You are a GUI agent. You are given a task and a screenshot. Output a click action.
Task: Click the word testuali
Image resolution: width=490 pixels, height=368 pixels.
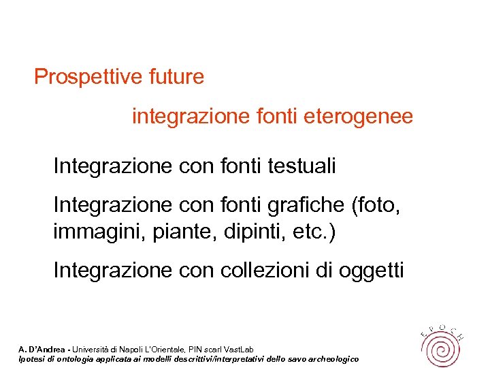click(302, 166)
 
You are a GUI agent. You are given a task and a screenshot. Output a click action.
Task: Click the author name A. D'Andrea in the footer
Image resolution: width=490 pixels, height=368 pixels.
click(43, 350)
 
